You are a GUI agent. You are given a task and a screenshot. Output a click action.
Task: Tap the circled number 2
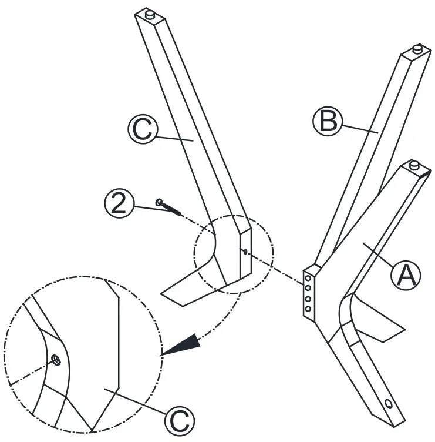click(118, 203)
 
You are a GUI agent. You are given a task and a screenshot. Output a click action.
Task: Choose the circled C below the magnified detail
click(178, 420)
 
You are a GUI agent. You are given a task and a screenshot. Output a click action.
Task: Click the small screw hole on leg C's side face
click(244, 253)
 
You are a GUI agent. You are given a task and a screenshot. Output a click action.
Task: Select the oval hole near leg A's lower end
click(389, 404)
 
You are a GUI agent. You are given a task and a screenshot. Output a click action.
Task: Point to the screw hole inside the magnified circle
click(55, 359)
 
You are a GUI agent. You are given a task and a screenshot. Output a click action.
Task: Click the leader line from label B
click(358, 128)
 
